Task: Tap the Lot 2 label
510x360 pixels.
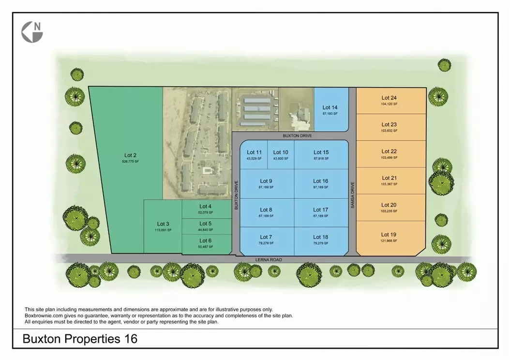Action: click(x=128, y=155)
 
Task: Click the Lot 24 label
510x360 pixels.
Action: click(x=389, y=98)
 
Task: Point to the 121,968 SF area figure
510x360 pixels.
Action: click(x=389, y=240)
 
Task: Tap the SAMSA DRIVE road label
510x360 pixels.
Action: click(x=352, y=195)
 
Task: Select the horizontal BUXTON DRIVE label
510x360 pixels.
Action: click(x=295, y=136)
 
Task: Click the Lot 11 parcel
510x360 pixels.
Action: click(x=254, y=155)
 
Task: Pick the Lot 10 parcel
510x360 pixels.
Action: click(x=281, y=155)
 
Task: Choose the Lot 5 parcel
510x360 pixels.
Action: click(x=206, y=226)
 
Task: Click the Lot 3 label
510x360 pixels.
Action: click(x=163, y=224)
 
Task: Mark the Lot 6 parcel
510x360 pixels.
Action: click(x=206, y=243)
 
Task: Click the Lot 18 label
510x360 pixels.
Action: click(x=320, y=237)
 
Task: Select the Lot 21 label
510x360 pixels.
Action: click(x=389, y=178)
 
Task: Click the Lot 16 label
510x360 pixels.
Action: click(x=320, y=181)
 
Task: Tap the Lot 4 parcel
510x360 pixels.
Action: click(x=206, y=209)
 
